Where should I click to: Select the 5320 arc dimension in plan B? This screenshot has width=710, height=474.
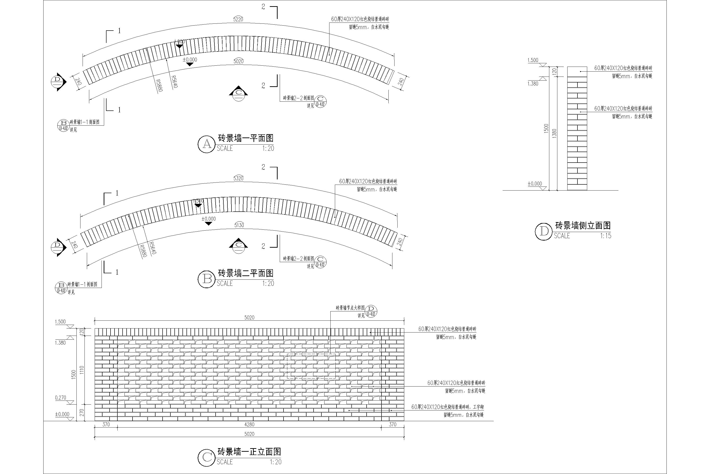[238, 178]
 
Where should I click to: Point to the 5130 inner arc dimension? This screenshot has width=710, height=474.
[239, 225]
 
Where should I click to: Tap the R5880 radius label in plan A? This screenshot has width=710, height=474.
[159, 85]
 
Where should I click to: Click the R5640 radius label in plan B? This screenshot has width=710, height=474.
[152, 248]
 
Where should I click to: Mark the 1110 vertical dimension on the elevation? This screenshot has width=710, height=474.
[81, 370]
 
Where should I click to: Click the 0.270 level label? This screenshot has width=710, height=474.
[60, 398]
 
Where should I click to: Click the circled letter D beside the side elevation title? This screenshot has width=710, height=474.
[544, 232]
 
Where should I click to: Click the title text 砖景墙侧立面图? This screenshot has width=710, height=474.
[583, 226]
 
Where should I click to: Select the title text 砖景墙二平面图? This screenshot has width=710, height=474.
[245, 273]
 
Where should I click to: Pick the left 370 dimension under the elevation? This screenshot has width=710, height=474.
[106, 424]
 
